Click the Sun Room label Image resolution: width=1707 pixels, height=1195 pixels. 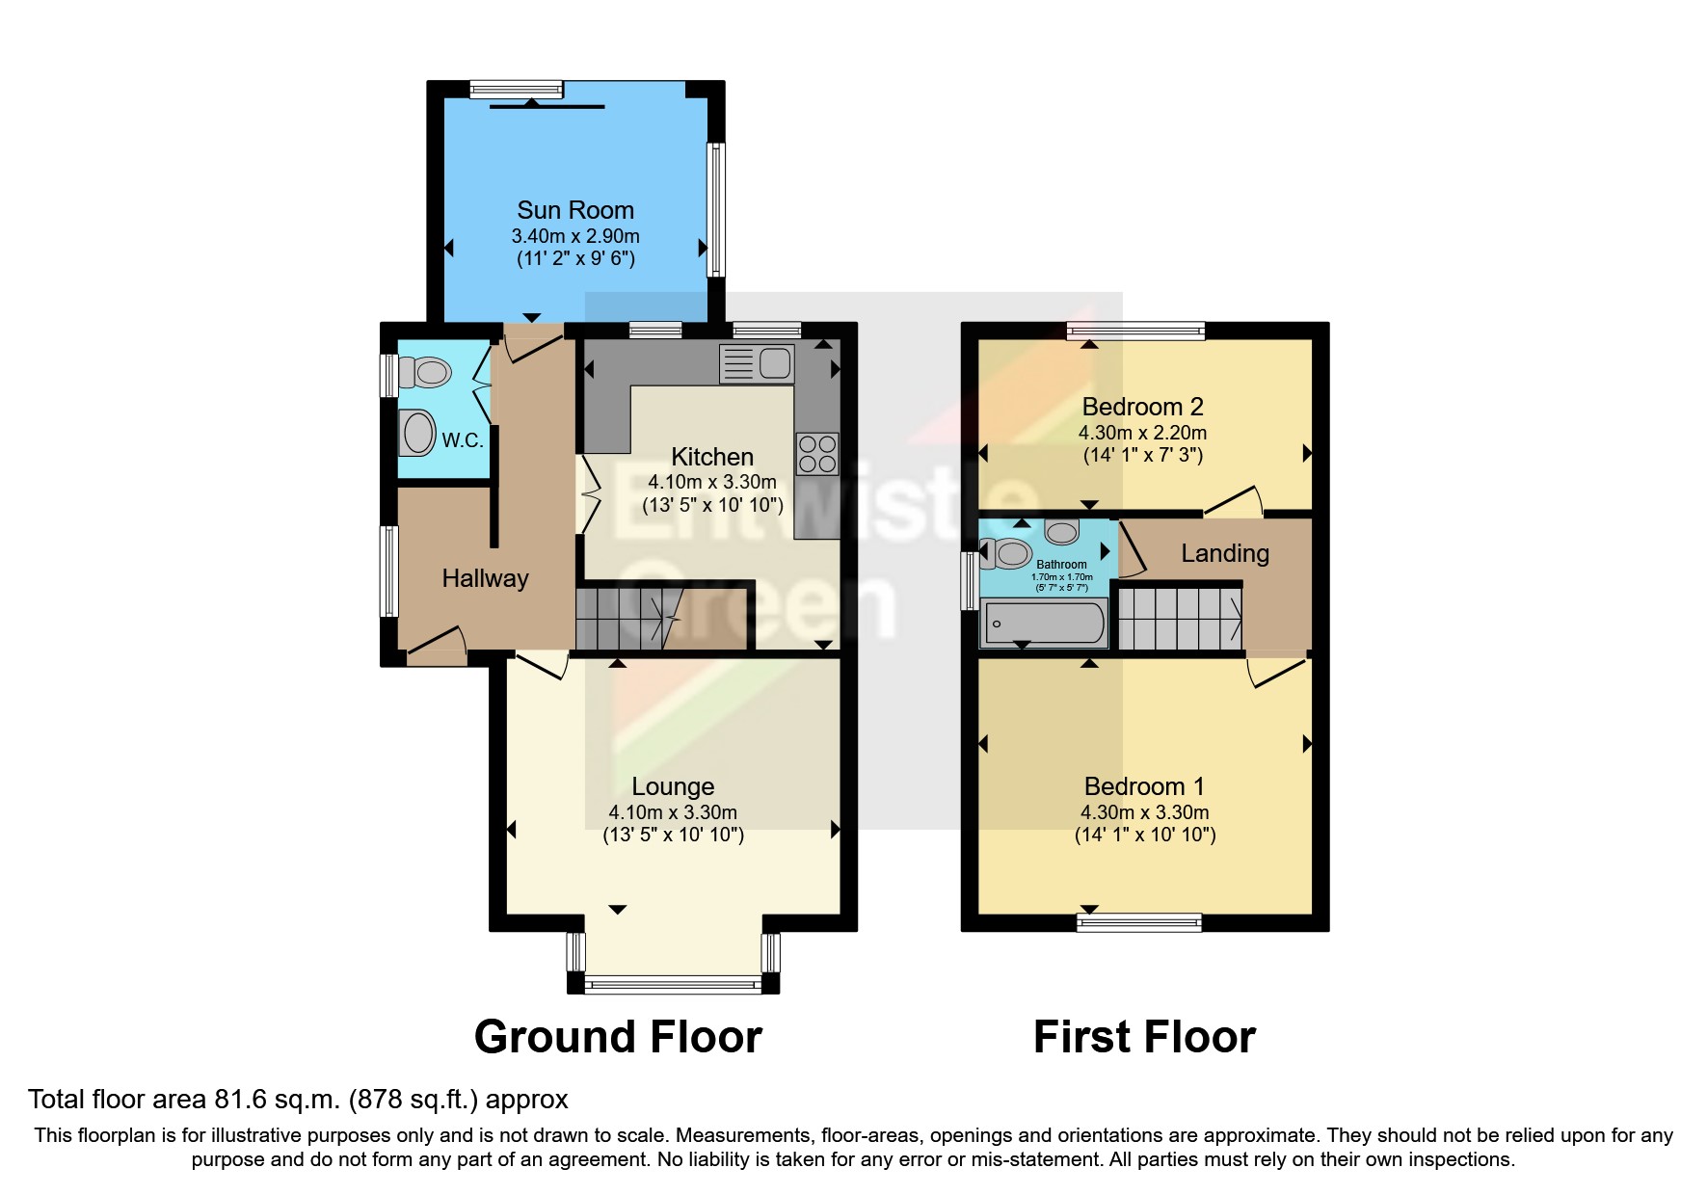click(575, 210)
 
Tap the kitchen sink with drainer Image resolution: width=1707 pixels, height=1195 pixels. click(757, 363)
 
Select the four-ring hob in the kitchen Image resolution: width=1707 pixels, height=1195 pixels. click(816, 454)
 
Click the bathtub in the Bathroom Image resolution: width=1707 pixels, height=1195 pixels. click(1044, 623)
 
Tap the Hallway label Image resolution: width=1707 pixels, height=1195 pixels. click(485, 578)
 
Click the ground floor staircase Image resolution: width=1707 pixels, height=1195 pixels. click(627, 619)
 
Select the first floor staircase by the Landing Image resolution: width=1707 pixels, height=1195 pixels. click(1178, 619)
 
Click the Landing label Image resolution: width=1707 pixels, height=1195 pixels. click(1224, 553)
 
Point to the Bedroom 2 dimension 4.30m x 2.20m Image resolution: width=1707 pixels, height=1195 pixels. click(1142, 433)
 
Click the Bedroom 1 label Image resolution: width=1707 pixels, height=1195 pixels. click(1143, 786)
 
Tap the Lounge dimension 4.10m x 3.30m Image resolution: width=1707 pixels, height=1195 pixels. click(673, 812)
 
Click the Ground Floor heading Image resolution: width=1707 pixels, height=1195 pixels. click(618, 1037)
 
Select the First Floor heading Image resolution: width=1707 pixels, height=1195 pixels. click(1144, 1037)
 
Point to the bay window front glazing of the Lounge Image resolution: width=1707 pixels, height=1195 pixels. click(673, 984)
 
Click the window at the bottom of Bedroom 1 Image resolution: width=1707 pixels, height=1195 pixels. click(1139, 922)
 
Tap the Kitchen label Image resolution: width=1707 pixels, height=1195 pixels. click(712, 457)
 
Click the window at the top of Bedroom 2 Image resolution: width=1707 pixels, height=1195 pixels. click(1135, 332)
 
